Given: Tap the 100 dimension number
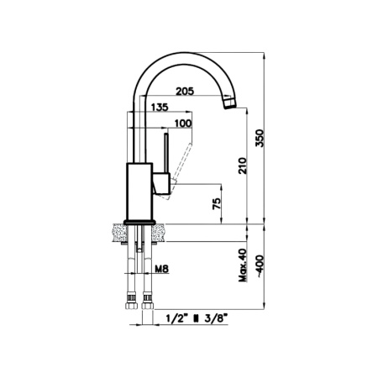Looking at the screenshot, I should tap(182, 123).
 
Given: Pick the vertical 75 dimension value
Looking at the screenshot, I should tap(218, 204).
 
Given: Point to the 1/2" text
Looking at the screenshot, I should tap(176, 318).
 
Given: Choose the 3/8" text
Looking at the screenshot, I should tap(214, 318).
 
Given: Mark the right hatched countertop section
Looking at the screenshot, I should tap(159, 233).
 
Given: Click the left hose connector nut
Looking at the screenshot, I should tap(132, 299).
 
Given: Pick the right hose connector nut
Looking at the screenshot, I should tap(148, 299).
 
